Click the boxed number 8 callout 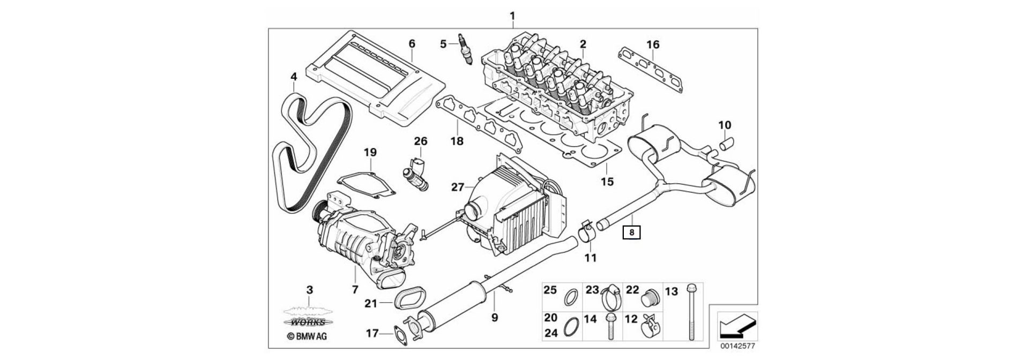(x=632, y=233)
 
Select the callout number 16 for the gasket (x=652, y=44)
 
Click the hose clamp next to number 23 (x=609, y=297)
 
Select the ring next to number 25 (x=572, y=296)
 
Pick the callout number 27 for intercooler (x=457, y=187)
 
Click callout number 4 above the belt (x=293, y=77)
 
